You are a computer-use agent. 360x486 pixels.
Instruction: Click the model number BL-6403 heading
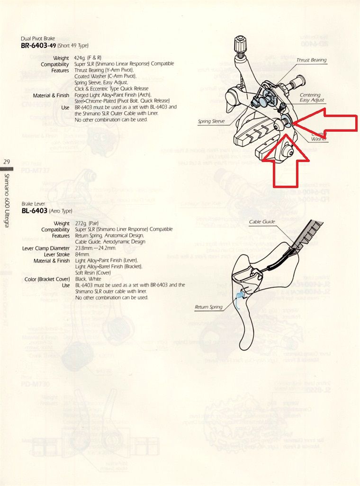click(x=35, y=211)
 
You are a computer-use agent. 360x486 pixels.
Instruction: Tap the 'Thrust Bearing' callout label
click(x=311, y=61)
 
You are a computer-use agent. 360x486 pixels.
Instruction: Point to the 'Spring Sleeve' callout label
click(x=211, y=122)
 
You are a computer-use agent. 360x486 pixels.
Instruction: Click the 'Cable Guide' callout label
click(x=262, y=222)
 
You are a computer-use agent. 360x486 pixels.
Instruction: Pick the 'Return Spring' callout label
click(x=208, y=307)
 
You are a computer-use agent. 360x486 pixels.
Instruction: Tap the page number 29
click(x=7, y=162)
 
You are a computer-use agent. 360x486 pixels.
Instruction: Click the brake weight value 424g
click(x=81, y=58)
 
